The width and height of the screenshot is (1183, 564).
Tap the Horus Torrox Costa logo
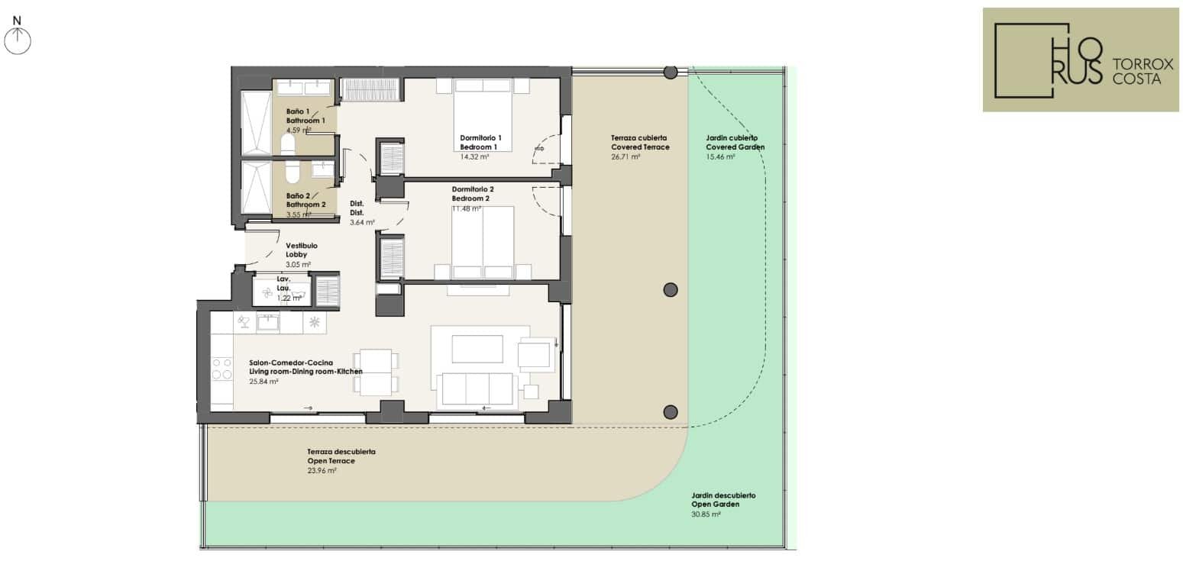point(1081,60)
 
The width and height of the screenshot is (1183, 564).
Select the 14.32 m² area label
point(474,156)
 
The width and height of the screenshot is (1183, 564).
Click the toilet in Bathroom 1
point(288,144)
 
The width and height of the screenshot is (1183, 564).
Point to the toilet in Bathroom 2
point(292,172)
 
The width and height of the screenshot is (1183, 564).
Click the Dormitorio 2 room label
point(473,189)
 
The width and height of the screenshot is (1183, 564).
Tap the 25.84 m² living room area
point(263,382)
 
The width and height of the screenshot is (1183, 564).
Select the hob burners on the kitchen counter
point(221,369)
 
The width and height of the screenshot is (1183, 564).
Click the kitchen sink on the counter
point(268,322)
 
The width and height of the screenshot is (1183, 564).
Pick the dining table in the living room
point(376,372)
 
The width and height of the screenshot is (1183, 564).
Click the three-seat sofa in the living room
point(477,388)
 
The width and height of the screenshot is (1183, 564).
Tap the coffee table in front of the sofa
point(477,349)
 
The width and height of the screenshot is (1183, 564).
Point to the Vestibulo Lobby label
point(302,250)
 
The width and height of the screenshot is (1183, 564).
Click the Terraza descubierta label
point(341,452)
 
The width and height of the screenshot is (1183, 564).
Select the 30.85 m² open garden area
point(706,514)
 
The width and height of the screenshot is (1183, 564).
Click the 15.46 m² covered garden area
point(721,156)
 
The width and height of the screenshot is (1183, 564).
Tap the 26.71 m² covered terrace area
point(625,156)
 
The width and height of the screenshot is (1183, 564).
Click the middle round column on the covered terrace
point(671,290)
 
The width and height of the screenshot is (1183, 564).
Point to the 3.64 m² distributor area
point(362,223)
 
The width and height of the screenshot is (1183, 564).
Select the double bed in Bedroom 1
point(483,115)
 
